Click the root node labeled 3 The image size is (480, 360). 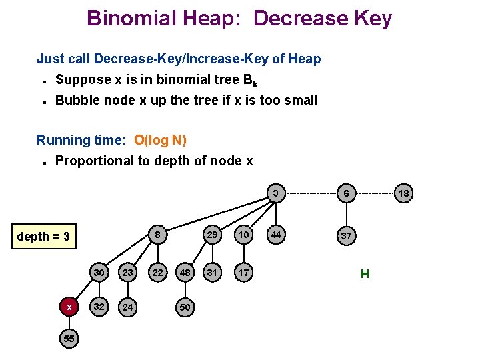click(x=275, y=193)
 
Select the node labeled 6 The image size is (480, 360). click(x=346, y=193)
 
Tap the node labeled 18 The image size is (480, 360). click(x=404, y=193)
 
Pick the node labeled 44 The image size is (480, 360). click(x=275, y=235)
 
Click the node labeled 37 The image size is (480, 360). click(x=346, y=236)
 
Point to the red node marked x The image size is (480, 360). click(x=69, y=307)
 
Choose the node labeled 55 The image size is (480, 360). click(x=69, y=339)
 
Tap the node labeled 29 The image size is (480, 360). click(x=212, y=235)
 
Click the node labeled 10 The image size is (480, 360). click(x=244, y=235)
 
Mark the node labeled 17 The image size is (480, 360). click(x=244, y=273)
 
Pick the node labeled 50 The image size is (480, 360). click(x=184, y=307)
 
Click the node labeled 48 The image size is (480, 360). click(x=184, y=273)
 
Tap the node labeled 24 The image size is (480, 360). click(x=127, y=307)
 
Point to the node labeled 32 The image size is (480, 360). click(x=99, y=307)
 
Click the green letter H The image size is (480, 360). click(x=365, y=273)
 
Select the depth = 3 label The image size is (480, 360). click(x=43, y=237)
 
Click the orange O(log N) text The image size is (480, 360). click(x=160, y=140)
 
